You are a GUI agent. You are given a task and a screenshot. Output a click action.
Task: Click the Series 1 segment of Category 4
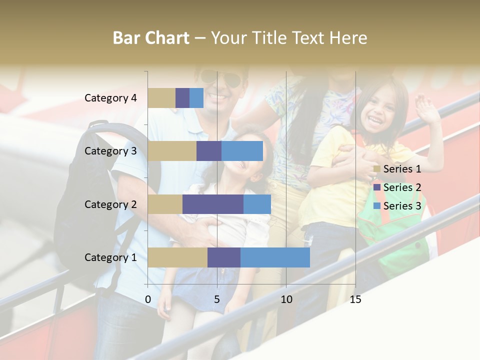pos(161,98)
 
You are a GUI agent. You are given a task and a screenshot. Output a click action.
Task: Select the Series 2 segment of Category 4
pos(182,98)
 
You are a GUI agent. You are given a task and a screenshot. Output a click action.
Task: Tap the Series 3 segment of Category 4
pos(196,98)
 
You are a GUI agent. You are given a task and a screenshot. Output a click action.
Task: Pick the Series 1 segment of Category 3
pos(172,151)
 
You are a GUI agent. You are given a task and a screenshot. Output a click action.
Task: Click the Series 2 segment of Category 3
pos(209,151)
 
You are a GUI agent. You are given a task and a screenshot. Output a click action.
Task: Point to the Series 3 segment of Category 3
pos(242,151)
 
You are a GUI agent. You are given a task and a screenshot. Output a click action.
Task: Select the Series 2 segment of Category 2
pos(213,204)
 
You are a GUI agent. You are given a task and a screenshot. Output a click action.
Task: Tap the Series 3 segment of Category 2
pos(257,204)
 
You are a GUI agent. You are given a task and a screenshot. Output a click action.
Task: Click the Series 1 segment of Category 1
pos(177,257)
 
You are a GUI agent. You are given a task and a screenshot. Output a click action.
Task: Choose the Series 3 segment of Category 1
pos(275,257)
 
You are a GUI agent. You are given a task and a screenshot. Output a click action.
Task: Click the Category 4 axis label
pos(110,98)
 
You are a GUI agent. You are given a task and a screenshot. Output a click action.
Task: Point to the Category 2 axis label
pos(110,204)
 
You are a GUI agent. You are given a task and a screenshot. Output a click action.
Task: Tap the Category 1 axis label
pos(110,257)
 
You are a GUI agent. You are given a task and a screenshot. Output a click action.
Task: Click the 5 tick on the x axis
pos(217,300)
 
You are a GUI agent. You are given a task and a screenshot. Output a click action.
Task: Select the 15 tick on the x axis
pos(355,300)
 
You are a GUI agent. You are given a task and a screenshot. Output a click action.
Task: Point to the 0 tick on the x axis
pos(148,300)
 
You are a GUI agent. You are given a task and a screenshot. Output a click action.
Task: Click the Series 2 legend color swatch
pos(377,187)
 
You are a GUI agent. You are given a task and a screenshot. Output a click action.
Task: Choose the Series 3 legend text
pos(402,206)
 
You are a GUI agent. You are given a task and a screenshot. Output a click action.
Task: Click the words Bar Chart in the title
pos(151,38)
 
